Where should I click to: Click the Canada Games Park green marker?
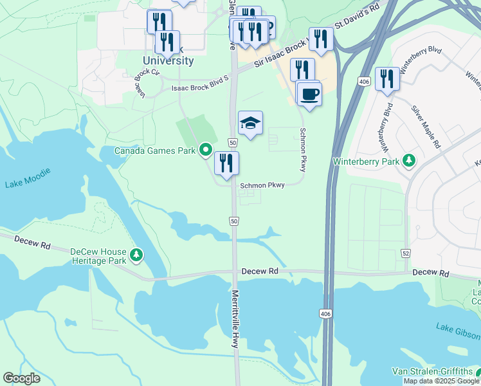pyautogui.click(x=206, y=151)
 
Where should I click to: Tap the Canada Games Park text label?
pyautogui.click(x=154, y=151)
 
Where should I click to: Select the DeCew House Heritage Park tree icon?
pyautogui.click(x=136, y=255)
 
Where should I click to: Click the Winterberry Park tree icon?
pyautogui.click(x=408, y=161)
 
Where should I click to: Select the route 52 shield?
pyautogui.click(x=405, y=254)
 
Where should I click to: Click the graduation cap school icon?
pyautogui.click(x=251, y=122)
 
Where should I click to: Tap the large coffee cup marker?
pyautogui.click(x=309, y=94)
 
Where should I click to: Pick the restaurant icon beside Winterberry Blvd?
pyautogui.click(x=387, y=79)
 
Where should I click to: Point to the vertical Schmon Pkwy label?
pyautogui.click(x=302, y=149)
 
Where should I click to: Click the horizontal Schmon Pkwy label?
pyautogui.click(x=262, y=185)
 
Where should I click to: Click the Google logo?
pyautogui.click(x=22, y=378)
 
